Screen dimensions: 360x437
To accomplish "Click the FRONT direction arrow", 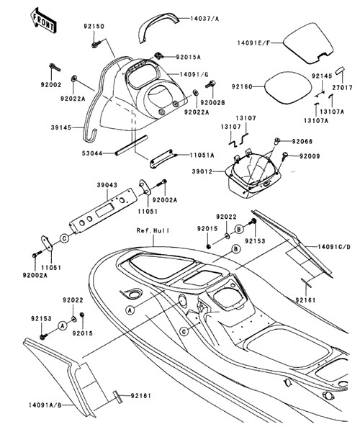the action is point(44,21).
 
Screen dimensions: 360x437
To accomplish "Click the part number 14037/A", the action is point(204,19).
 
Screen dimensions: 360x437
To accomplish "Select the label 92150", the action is point(94,27).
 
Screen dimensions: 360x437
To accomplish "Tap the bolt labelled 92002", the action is point(55,67).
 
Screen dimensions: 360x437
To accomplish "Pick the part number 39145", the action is point(61,127).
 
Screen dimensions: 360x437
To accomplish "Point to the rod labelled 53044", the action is point(131,145).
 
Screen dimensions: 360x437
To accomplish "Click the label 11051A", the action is point(202,156).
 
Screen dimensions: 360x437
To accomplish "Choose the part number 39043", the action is point(107,185).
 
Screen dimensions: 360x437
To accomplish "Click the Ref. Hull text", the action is point(153,230).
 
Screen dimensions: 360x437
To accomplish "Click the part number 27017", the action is point(342,88).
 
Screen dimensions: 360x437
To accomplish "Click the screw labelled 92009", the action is point(285,156).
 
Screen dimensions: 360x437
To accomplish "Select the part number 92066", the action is point(302,141).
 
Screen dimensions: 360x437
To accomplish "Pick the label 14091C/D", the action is point(334,247).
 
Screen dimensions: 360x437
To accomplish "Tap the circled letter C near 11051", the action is point(64,238).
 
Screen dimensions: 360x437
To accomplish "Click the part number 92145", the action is point(322,76).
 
